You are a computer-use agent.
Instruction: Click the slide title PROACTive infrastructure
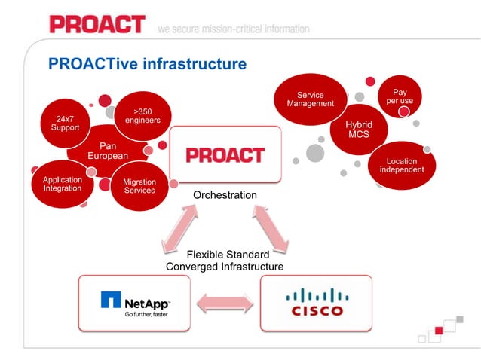pyautogui.click(x=147, y=64)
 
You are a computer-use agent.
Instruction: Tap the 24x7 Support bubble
pyautogui.click(x=64, y=123)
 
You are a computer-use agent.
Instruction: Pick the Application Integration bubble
pyautogui.click(x=62, y=185)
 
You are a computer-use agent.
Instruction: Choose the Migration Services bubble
pyautogui.click(x=139, y=186)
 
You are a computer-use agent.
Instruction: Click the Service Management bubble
pyautogui.click(x=310, y=99)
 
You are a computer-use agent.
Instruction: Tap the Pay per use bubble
pyautogui.click(x=400, y=97)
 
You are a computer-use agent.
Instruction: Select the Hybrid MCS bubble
pyautogui.click(x=359, y=129)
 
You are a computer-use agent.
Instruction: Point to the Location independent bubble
pyautogui.click(x=401, y=165)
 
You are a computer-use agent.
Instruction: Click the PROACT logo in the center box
pyautogui.click(x=225, y=155)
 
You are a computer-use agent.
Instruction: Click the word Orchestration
pyautogui.click(x=225, y=195)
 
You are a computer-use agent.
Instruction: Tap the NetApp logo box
pyautogui.click(x=135, y=304)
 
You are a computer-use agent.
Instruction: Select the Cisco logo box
pyautogui.click(x=316, y=304)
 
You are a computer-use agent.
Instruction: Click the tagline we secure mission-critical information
pyautogui.click(x=233, y=29)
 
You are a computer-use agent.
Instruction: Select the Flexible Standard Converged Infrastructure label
pyautogui.click(x=225, y=261)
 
